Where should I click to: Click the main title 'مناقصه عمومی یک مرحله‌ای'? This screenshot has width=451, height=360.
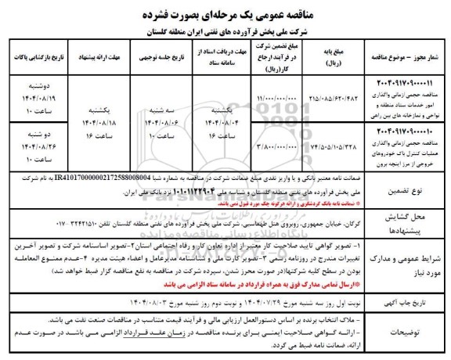[225, 13]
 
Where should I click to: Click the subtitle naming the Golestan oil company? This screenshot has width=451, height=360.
[226, 31]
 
